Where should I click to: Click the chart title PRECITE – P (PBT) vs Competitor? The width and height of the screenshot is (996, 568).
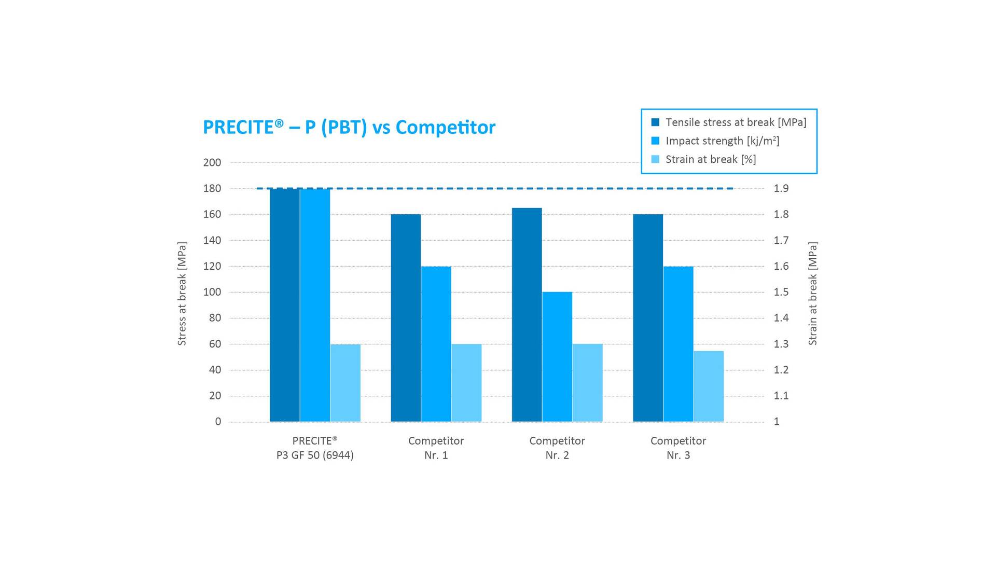point(349,128)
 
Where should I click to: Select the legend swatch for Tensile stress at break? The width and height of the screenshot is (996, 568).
point(655,122)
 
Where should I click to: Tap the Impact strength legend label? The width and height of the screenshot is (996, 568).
point(722,141)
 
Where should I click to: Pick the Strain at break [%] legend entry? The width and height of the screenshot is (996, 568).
point(710,159)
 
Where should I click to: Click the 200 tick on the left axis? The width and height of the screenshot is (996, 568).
point(212,162)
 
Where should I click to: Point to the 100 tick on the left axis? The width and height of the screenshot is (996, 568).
point(212,292)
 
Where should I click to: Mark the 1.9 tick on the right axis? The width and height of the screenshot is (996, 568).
point(781,188)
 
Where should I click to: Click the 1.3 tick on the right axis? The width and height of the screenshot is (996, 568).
point(781,344)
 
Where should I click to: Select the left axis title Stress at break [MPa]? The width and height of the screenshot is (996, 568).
point(182,294)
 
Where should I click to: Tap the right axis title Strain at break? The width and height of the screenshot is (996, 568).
point(812,294)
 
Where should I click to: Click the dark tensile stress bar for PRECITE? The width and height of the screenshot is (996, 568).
point(284,306)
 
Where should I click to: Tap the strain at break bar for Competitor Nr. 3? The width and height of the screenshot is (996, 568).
point(709,386)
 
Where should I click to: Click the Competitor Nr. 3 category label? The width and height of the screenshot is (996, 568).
point(678,448)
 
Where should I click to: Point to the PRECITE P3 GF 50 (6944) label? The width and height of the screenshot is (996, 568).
point(315,448)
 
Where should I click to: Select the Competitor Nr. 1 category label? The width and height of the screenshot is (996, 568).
point(436,448)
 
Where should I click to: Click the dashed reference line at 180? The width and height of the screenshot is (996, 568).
point(519,188)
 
